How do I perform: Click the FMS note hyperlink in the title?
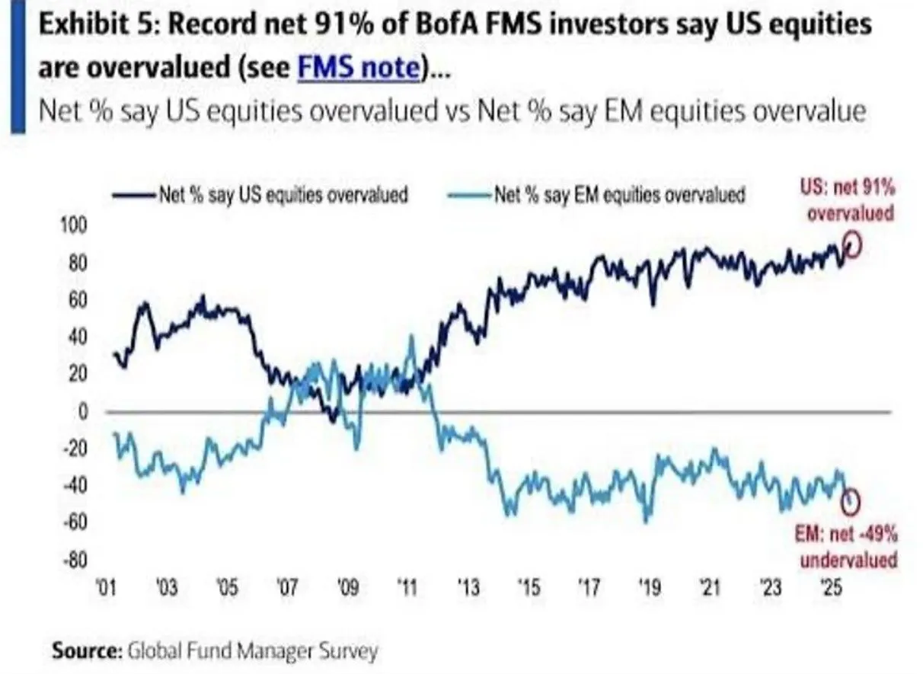point(358,69)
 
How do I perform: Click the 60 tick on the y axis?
point(80,300)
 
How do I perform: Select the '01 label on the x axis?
point(106,589)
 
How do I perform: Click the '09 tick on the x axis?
point(347,589)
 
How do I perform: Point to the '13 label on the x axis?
point(468,589)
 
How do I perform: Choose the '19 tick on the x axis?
point(649,589)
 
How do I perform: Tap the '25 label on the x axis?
point(830,589)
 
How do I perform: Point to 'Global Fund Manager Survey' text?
point(252,652)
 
